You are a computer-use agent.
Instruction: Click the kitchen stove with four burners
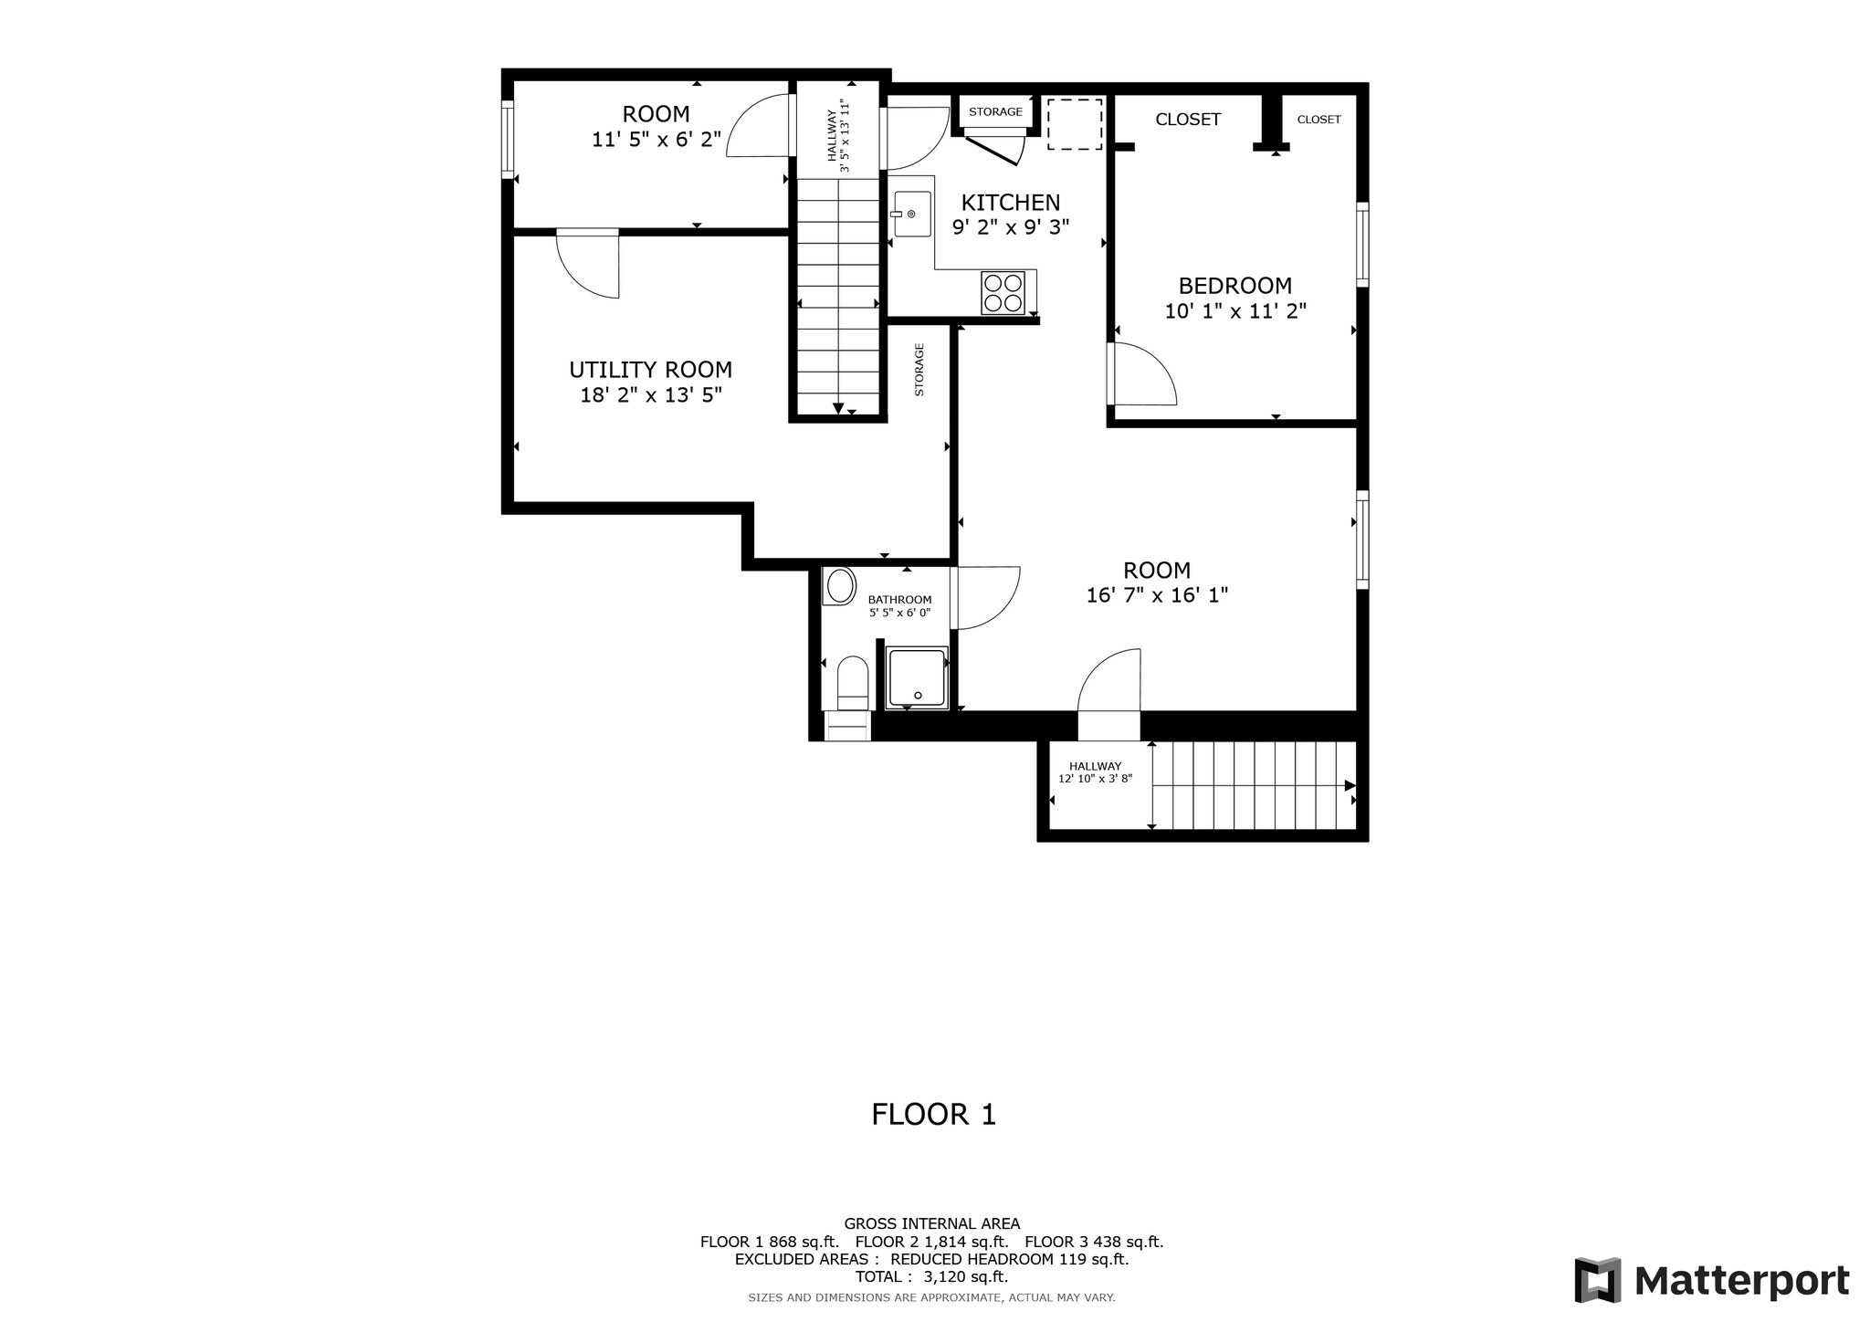[1003, 293]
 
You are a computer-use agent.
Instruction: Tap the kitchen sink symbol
[911, 214]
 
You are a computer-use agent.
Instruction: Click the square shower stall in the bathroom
[918, 677]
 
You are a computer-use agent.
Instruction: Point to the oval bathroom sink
[839, 585]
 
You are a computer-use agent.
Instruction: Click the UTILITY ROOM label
[650, 370]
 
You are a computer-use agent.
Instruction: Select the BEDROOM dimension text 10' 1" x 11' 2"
[1234, 311]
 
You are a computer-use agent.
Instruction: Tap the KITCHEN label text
[1010, 203]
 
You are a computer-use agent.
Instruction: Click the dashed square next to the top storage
[1074, 124]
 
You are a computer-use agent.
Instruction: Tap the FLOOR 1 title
[933, 1114]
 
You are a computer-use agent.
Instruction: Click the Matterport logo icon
[1597, 1280]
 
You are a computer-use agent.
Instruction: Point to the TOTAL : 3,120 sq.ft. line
[931, 1276]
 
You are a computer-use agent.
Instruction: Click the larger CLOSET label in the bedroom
[1187, 120]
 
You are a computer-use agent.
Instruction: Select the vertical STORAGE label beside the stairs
[919, 370]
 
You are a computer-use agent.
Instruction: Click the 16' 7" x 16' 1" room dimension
[1156, 595]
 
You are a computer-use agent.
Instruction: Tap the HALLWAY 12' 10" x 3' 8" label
[1095, 772]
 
